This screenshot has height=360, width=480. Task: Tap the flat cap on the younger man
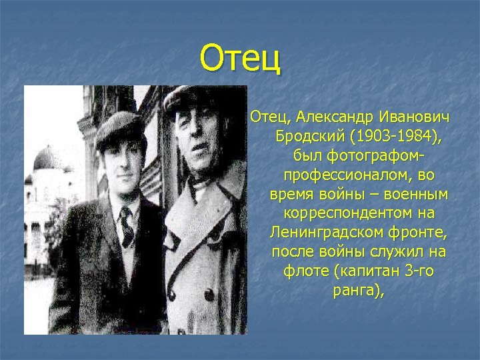tap(119, 131)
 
